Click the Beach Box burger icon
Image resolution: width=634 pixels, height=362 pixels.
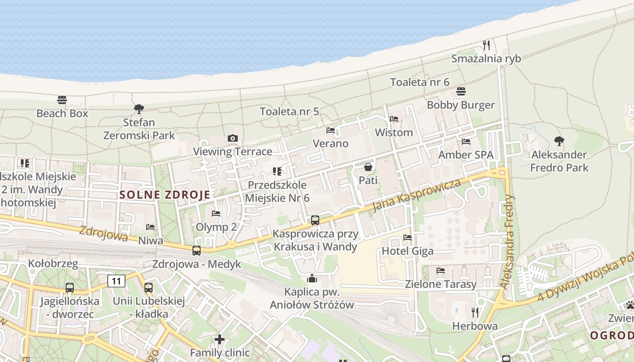point(62,100)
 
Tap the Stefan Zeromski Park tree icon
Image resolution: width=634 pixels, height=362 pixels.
point(139,109)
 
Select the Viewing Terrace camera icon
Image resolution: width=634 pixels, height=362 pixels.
point(233,138)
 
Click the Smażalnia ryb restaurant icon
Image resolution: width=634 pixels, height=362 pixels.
point(486,45)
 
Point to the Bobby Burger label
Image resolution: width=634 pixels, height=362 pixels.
point(461,105)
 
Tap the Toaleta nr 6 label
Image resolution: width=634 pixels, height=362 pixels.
point(420,82)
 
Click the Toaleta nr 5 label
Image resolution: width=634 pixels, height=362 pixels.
point(289,111)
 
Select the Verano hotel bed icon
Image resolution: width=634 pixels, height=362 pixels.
point(331,130)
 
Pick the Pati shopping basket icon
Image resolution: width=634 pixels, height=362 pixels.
point(368,167)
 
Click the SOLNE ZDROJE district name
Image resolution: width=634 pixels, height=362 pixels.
point(165,195)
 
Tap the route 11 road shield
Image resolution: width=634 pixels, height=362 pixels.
point(116,281)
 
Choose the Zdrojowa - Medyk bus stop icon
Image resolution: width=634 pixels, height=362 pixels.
point(196,250)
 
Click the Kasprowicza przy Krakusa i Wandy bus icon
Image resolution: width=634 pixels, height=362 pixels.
point(315,220)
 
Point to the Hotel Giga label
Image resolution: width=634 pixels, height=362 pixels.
point(408,251)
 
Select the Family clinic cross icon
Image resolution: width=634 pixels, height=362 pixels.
point(220,339)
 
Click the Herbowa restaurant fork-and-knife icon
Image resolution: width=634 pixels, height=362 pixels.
point(475,313)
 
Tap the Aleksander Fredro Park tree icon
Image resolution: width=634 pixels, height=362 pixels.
point(559,141)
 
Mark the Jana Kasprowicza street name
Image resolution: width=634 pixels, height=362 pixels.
point(416,195)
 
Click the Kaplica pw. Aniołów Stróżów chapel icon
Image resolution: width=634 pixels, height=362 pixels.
point(312,278)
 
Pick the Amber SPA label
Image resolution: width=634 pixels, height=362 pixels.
point(466,155)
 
